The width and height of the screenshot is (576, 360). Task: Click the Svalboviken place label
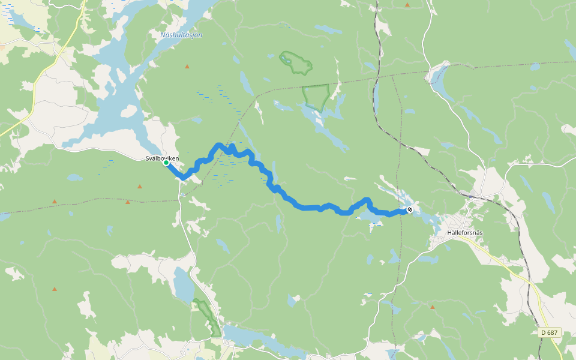[162, 158]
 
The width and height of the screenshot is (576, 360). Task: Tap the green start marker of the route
[166, 163]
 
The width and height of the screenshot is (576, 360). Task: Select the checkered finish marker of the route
[409, 210]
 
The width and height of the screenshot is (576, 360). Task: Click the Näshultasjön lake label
[181, 35]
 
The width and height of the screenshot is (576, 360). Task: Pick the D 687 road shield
[548, 332]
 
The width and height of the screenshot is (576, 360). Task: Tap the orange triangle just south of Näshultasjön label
[187, 66]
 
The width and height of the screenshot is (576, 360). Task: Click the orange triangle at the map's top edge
[407, 5]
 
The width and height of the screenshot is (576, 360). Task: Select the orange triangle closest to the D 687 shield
[432, 307]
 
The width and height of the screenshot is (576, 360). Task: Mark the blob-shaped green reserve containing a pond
[295, 62]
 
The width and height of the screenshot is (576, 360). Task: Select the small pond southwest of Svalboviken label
[74, 178]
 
